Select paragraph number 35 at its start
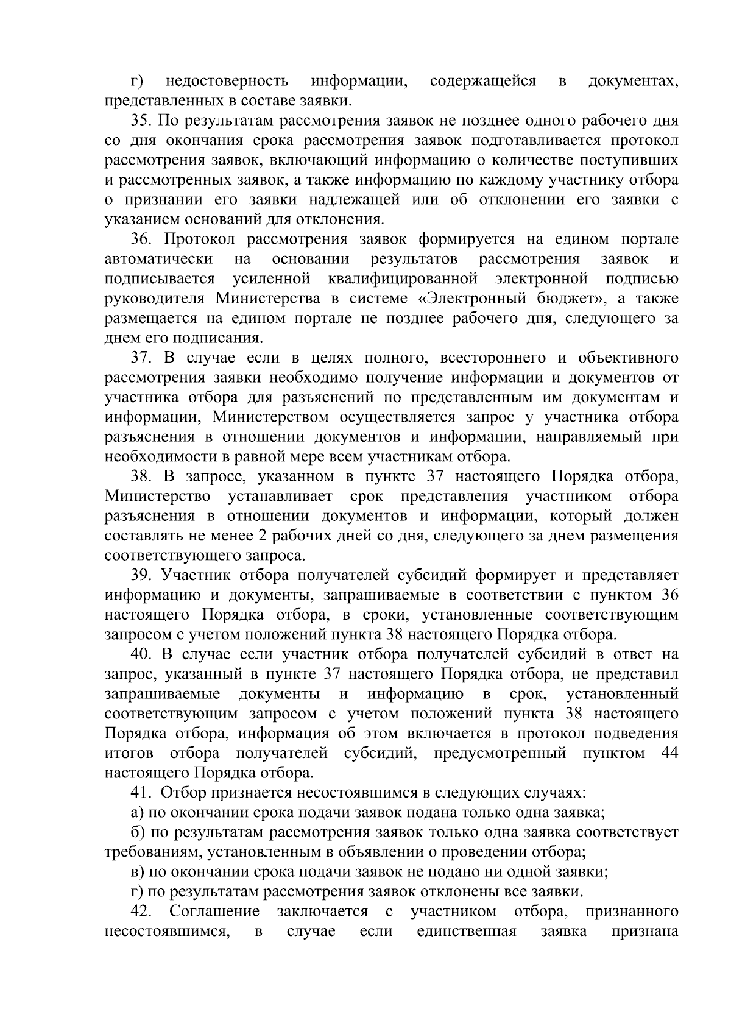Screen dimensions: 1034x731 pos(141,121)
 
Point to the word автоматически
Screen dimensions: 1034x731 pos(159,259)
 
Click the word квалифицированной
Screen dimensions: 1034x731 pos(402,279)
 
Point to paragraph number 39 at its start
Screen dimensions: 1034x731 pos(141,576)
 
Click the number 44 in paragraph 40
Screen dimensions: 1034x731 pos(669,754)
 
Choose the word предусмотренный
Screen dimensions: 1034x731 pos(500,754)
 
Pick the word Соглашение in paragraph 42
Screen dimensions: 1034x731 pos(214,912)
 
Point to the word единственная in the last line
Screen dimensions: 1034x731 pos(467,932)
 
